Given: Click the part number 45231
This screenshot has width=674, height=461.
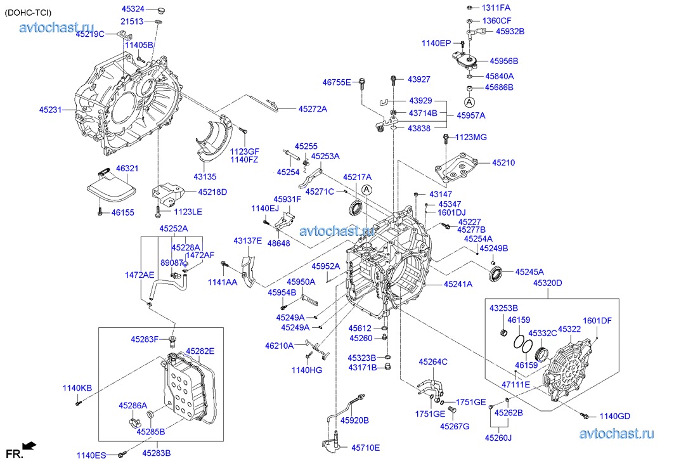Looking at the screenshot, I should tap(50, 110).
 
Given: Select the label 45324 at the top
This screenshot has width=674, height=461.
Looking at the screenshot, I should tap(133, 9).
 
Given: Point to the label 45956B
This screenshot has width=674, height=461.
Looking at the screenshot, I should tap(503, 61).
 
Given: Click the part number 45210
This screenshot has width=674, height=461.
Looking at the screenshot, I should tap(503, 163).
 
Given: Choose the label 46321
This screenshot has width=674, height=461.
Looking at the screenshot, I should tap(127, 169).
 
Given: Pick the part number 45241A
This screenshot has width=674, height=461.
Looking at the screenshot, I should tap(458, 284).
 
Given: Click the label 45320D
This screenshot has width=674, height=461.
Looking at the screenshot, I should tap(547, 283).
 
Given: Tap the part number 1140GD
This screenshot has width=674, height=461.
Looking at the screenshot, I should tap(615, 416).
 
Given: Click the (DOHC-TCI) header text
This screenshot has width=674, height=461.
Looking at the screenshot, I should tap(29, 13).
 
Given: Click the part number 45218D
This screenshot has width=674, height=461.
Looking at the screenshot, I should tap(212, 192).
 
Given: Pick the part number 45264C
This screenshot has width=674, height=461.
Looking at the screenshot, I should tap(432, 362).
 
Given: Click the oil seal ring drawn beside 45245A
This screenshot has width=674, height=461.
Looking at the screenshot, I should tap(496, 273).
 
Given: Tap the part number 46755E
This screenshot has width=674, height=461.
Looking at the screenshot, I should tap(336, 82).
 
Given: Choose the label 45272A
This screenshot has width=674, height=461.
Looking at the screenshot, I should tap(313, 109).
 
